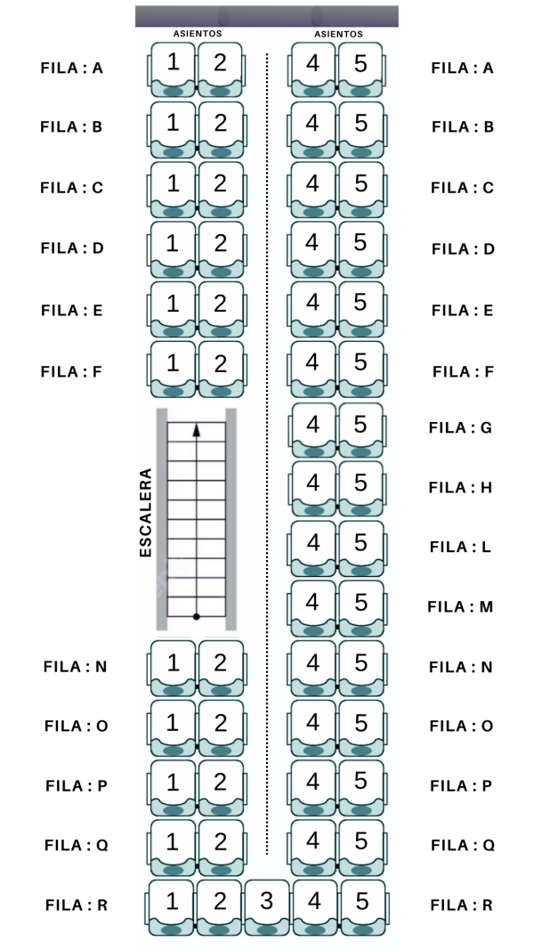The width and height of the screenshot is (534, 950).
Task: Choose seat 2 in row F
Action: click(x=221, y=366)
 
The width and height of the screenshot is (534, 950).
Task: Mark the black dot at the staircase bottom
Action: click(x=197, y=616)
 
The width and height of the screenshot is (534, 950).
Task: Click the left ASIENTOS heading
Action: click(x=197, y=34)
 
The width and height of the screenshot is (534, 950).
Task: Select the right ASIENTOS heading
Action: click(x=338, y=34)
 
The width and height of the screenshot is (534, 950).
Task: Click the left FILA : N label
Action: click(x=76, y=666)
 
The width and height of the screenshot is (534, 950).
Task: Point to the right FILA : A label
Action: click(x=462, y=68)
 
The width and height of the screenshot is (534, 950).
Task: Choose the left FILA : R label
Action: click(x=77, y=905)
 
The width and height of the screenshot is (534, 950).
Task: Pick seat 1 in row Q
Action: click(x=173, y=843)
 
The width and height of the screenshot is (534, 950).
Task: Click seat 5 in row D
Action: click(x=360, y=244)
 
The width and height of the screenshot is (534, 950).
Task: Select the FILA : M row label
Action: click(x=460, y=607)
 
